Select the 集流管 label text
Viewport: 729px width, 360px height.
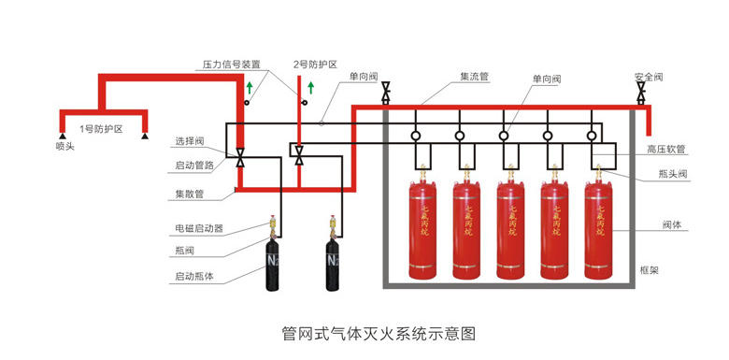[x=474, y=77]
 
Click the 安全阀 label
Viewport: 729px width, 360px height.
[x=648, y=77]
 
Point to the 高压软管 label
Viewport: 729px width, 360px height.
[x=666, y=149]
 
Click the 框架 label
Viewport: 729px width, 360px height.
[x=649, y=270]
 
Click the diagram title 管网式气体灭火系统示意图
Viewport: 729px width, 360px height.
[x=379, y=334]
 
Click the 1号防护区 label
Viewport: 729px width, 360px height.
[x=101, y=130]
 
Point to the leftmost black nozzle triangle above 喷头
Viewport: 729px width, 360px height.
[x=62, y=136]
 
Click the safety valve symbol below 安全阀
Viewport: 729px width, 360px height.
[x=641, y=92]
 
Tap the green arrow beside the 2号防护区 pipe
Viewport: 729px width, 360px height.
[x=311, y=87]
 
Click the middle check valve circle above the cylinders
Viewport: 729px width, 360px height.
[x=504, y=136]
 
